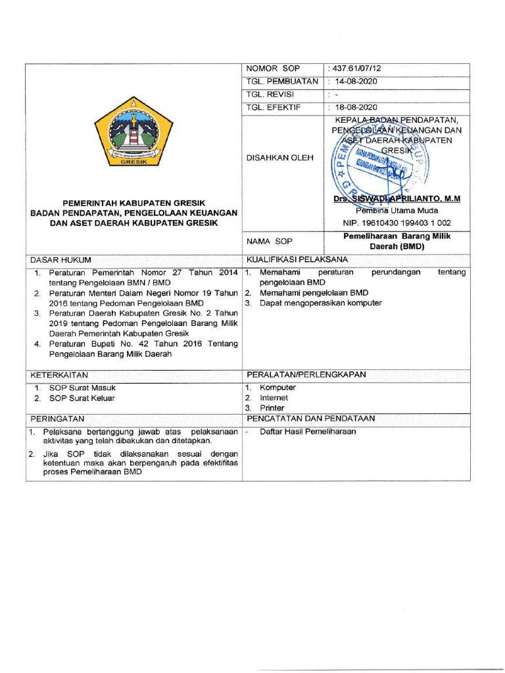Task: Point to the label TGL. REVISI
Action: click(x=270, y=95)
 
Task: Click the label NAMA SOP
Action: click(x=269, y=242)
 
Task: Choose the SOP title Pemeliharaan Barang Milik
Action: click(x=397, y=237)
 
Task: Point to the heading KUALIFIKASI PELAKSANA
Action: click(x=297, y=260)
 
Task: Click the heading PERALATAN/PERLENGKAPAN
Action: click(x=306, y=375)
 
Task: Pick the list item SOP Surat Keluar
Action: click(x=82, y=398)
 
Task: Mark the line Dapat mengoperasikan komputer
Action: click(x=320, y=303)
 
